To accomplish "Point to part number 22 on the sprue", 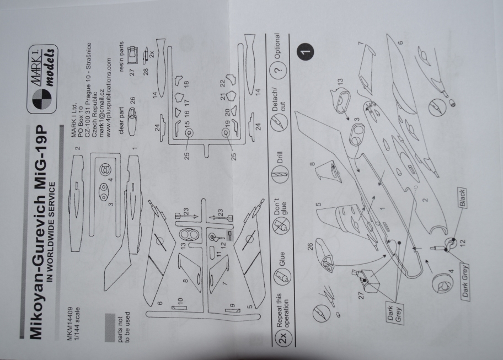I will pyautogui.click(x=221, y=82).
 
